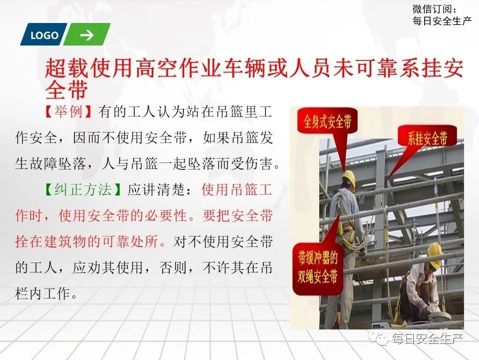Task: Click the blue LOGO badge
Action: (44, 35)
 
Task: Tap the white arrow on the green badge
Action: (86, 35)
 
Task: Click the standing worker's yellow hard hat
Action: (349, 177)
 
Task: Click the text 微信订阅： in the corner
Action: (435, 8)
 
